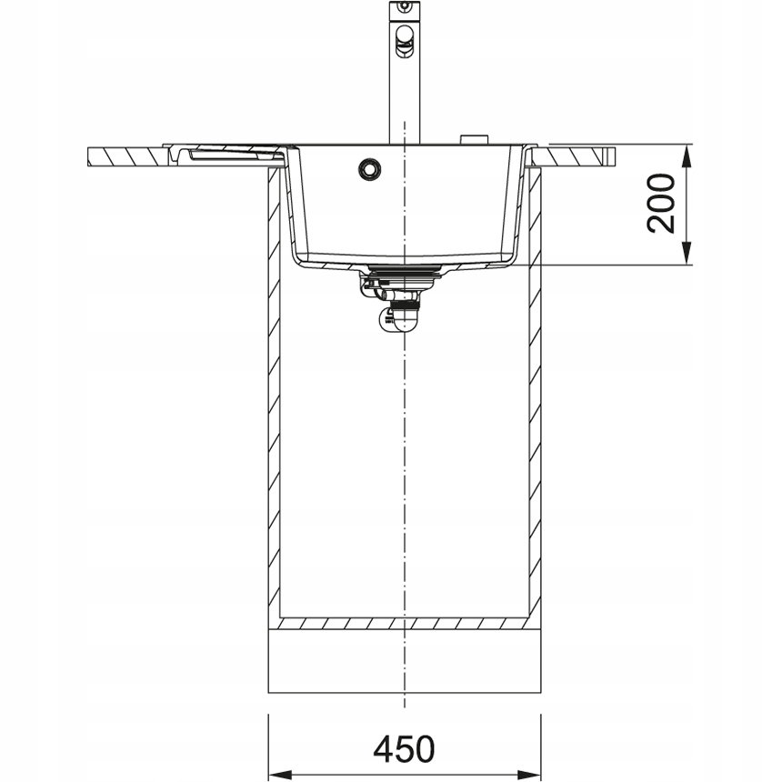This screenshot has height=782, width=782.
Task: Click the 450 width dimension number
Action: tap(404, 748)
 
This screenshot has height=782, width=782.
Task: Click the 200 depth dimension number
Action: tap(660, 203)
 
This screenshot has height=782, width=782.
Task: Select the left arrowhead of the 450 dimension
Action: tap(280, 775)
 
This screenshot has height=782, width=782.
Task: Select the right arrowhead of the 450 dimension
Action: tap(529, 775)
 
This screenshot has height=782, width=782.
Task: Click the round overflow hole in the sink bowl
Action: tap(369, 169)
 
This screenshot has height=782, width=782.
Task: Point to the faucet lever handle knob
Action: tap(404, 40)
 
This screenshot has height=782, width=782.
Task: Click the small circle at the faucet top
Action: tap(405, 6)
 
